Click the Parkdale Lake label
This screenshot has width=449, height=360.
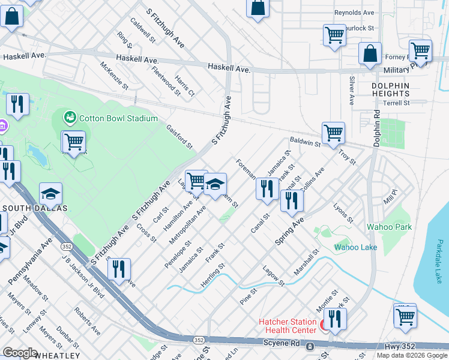pyautogui.click(x=440, y=258)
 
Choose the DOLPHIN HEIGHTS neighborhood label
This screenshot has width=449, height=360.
pyautogui.click(x=390, y=89)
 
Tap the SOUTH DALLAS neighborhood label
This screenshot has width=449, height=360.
pyautogui.click(x=34, y=208)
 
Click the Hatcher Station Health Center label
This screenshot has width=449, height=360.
pyautogui.click(x=287, y=326)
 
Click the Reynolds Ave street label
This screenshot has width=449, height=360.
pyautogui.click(x=354, y=12)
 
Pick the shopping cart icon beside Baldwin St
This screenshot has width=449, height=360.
pyautogui.click(x=333, y=133)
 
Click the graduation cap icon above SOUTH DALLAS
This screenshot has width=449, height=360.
pyautogui.click(x=51, y=194)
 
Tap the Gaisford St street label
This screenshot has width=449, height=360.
pyautogui.click(x=179, y=137)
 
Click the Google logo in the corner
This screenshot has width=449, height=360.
pyautogui.click(x=20, y=352)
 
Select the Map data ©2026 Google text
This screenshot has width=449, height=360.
pyautogui.click(x=411, y=355)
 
